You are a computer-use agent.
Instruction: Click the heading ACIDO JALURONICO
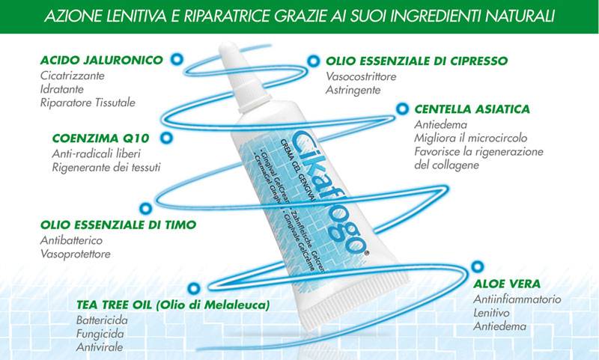(101, 61)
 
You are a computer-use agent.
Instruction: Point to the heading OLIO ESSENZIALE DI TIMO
(118, 225)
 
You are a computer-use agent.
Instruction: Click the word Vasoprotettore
(75, 254)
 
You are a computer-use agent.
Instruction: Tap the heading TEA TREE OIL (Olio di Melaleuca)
(172, 305)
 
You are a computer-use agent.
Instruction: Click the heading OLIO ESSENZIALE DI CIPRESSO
(417, 61)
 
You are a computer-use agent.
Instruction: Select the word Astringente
(353, 90)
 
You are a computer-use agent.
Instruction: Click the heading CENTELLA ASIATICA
(472, 109)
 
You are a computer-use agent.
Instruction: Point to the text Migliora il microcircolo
(465, 138)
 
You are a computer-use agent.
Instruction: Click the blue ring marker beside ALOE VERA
(476, 265)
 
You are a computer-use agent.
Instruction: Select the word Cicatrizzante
(73, 76)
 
